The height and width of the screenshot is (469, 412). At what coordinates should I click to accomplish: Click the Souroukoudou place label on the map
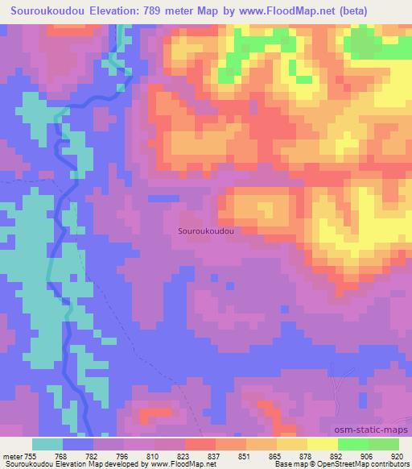click(205, 230)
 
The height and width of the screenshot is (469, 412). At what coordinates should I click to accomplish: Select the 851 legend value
click(254, 456)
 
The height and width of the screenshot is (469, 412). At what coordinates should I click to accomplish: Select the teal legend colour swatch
click(47, 444)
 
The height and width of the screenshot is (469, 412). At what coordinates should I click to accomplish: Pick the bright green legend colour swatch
click(353, 444)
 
